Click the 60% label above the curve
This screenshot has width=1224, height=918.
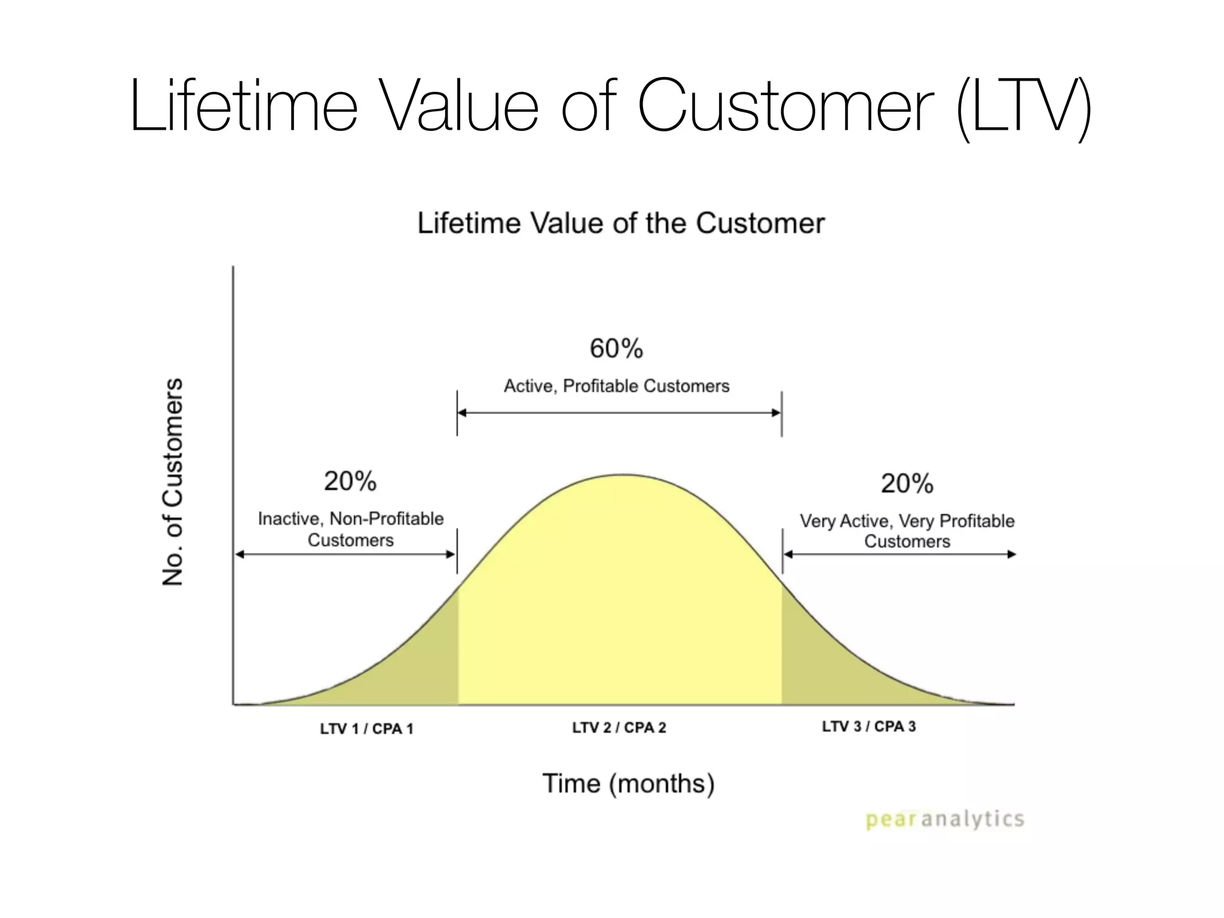616,348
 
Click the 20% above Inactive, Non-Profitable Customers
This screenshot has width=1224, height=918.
350,481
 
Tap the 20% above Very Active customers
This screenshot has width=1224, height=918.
907,484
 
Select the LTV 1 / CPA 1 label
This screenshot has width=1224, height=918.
366,729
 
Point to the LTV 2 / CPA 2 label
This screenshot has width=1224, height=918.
619,728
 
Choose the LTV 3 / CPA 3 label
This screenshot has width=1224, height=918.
868,727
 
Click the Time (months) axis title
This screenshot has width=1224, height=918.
628,784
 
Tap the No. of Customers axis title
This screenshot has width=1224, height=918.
173,482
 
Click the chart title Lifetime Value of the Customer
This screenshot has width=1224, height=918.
620,224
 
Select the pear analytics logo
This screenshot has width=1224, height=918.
944,819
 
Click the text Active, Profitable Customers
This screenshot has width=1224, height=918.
616,386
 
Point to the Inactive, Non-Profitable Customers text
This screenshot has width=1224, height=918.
351,530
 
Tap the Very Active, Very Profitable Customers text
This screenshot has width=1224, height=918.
907,531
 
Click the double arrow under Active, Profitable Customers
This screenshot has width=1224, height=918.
619,413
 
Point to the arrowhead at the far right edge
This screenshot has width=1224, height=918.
1011,555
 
